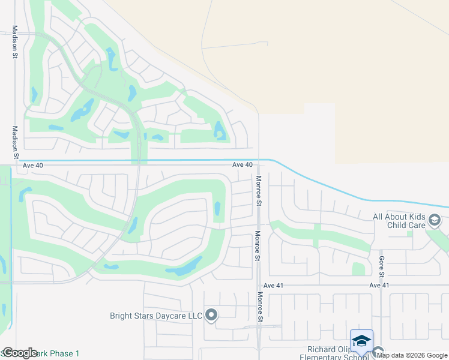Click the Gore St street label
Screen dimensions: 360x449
pyautogui.click(x=381, y=265)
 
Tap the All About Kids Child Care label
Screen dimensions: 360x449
pyautogui.click(x=399, y=221)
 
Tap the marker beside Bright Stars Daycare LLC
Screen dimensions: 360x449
pyautogui.click(x=211, y=314)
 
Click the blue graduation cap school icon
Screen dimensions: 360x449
pyautogui.click(x=361, y=341)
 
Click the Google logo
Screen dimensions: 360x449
pyautogui.click(x=20, y=353)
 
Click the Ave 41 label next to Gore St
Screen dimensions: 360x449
pyautogui.click(x=380, y=286)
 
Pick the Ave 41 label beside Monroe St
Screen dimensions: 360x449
pyautogui.click(x=273, y=286)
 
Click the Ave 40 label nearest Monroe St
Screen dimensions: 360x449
pyautogui.click(x=243, y=164)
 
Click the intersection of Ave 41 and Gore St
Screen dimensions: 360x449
pyautogui.click(x=381, y=286)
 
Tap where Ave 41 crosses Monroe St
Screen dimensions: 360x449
pyautogui.click(x=259, y=286)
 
